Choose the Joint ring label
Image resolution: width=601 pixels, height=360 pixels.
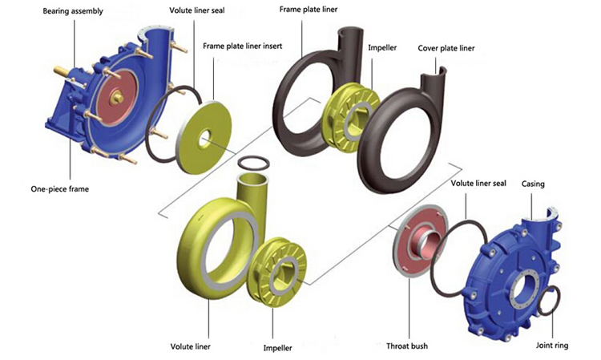click(x=553, y=346)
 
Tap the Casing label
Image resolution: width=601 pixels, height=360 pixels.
click(x=533, y=184)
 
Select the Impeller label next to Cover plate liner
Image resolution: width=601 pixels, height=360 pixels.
click(x=382, y=48)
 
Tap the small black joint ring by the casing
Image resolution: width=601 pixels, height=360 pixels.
click(x=551, y=301)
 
